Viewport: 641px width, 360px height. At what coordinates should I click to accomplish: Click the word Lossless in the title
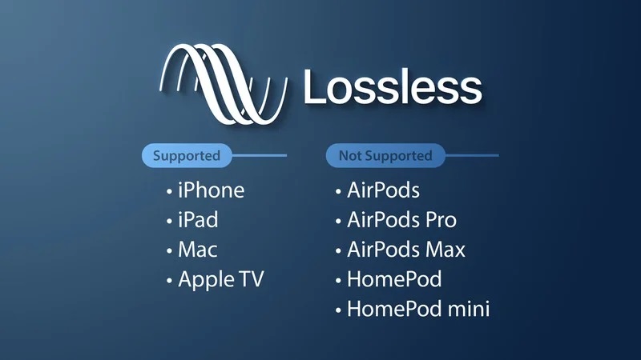393,87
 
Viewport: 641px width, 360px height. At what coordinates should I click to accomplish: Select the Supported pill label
187,155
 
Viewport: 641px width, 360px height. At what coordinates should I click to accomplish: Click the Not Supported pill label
385,155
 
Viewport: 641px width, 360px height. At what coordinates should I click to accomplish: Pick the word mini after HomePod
469,309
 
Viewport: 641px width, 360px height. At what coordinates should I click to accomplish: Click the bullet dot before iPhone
169,191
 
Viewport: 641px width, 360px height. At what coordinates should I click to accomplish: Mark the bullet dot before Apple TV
169,281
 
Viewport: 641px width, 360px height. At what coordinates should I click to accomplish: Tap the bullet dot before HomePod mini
338,310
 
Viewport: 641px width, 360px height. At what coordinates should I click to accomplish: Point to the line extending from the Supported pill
260,155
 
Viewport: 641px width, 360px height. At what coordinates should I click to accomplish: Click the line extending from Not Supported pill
472,155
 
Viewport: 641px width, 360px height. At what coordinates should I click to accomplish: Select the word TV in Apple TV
252,278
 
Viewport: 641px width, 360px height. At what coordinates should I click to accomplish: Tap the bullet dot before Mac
169,250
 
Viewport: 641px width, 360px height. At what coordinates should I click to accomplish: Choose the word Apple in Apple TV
207,280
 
